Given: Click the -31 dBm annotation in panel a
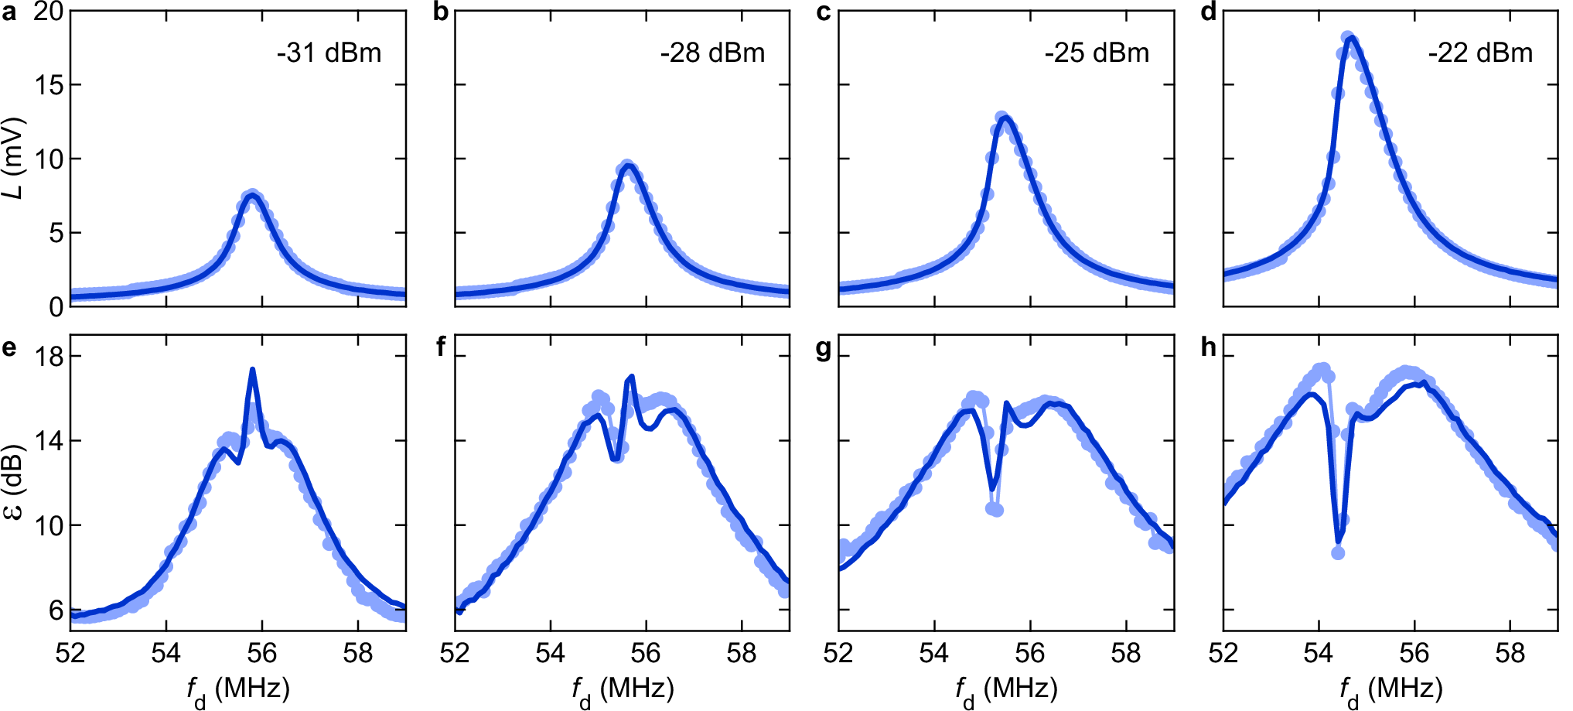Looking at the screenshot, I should tap(329, 53).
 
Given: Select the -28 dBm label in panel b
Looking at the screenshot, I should tap(712, 53).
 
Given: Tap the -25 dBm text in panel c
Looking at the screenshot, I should tap(1097, 53).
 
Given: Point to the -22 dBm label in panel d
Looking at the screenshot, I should tap(1480, 53).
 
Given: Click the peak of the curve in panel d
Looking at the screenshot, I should tap(1349, 38).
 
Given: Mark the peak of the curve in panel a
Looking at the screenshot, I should tap(251, 195).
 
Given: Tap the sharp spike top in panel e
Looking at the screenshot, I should tap(252, 370).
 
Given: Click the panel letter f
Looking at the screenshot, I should tap(441, 347).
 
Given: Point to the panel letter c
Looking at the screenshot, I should tap(824, 13).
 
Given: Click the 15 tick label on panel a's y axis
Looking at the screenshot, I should tap(49, 85).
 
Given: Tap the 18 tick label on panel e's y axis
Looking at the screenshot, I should tap(49, 357).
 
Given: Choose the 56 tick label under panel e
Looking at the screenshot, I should tap(261, 655).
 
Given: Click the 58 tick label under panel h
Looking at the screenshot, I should tap(1510, 655).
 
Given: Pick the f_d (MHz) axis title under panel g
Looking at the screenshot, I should tap(1006, 689).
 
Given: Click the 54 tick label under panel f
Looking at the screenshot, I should tap(550, 655).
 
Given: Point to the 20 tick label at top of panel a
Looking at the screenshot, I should tap(49, 12).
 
